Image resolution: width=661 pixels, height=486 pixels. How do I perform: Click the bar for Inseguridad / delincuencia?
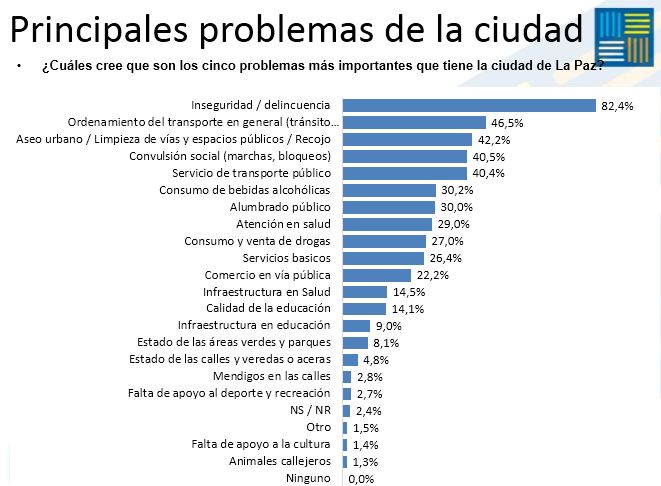[469, 105]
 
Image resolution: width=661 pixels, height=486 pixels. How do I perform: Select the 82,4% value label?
[618, 106]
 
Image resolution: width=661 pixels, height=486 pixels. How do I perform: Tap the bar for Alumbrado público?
[389, 207]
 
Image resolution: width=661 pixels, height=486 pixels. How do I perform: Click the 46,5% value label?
[508, 123]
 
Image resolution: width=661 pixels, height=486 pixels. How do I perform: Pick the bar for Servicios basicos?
[383, 258]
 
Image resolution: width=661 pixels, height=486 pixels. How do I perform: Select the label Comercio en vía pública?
[268, 275]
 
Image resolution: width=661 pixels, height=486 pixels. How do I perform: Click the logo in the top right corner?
[625, 38]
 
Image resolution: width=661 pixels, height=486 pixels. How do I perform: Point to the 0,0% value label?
[360, 480]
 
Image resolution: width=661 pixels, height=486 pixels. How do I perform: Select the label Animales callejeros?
[280, 462]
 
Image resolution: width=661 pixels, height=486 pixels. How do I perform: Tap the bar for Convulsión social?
[405, 156]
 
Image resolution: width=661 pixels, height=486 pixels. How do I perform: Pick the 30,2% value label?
[456, 191]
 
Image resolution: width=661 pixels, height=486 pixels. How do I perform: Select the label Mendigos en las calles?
[272, 377]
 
